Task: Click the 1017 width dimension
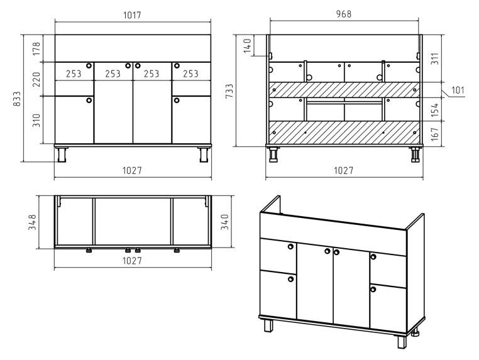132,15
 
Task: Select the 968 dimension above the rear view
344,14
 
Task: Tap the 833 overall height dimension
17,99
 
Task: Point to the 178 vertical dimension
36,48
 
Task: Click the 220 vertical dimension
36,79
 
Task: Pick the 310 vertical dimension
36,120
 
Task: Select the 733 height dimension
229,91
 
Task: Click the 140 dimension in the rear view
248,45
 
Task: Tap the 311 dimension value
435,58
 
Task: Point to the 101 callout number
458,90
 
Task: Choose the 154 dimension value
435,109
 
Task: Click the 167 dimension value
435,134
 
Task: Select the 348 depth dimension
33,222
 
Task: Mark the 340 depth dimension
225,222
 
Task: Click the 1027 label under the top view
132,261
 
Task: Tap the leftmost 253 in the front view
74,74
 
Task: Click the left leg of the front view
62,154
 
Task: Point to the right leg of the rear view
415,154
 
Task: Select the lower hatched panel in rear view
344,132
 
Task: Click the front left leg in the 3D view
269,325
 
